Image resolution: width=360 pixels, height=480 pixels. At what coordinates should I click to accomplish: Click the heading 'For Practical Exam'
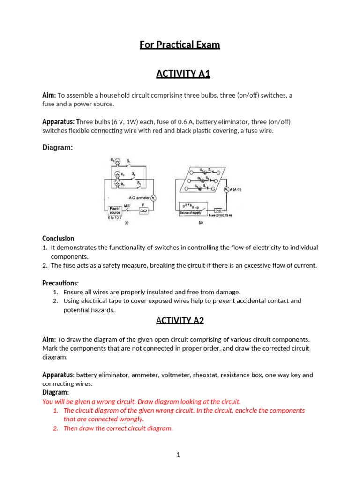click(180, 45)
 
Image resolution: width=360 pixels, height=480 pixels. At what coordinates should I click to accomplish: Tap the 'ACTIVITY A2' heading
click(180, 321)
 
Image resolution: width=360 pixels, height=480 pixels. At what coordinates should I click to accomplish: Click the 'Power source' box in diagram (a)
click(115, 210)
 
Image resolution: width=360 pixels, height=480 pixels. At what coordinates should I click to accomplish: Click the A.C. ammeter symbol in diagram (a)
click(153, 198)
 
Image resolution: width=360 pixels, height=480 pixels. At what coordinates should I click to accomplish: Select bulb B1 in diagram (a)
click(118, 162)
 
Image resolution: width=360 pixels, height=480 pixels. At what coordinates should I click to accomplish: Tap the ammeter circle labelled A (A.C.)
click(227, 190)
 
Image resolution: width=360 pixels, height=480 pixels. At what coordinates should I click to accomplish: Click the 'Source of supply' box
click(193, 210)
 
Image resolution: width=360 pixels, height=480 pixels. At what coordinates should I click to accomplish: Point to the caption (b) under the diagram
click(201, 224)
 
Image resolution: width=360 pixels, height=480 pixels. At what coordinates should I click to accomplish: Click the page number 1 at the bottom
click(179, 454)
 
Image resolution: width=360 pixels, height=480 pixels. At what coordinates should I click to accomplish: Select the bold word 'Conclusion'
click(58, 239)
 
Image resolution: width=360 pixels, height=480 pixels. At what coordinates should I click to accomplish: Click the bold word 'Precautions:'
click(60, 283)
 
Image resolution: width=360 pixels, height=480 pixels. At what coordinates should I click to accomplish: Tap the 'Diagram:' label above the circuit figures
click(58, 147)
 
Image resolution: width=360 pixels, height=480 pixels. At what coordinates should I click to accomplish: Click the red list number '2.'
click(55, 428)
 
